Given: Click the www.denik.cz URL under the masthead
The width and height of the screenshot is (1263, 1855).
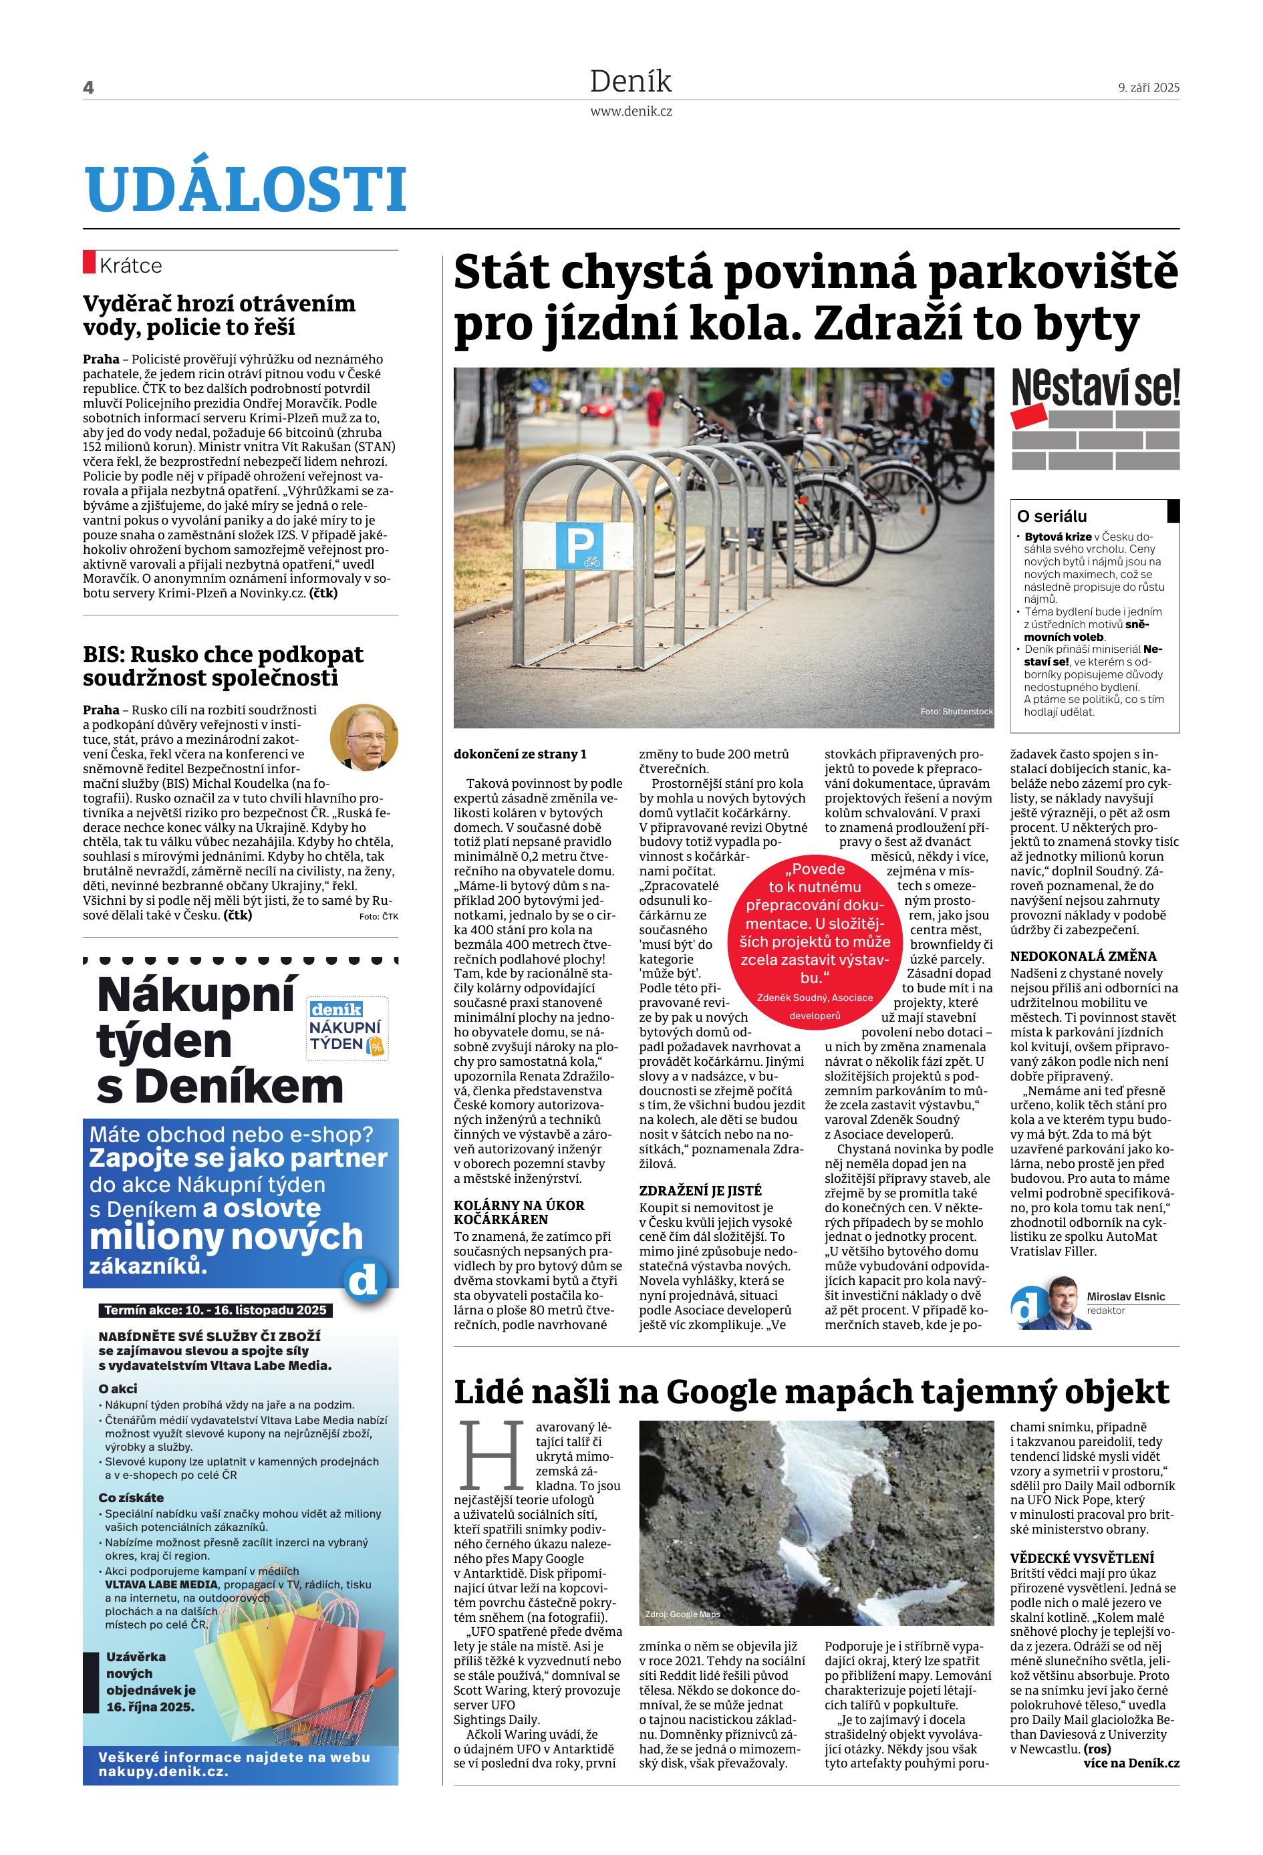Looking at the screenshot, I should (x=631, y=112).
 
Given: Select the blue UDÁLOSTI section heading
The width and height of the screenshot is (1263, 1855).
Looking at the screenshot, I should (x=246, y=190).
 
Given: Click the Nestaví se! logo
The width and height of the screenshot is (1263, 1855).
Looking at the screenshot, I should (x=1095, y=419).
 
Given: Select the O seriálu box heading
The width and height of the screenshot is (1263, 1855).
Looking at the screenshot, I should (x=1051, y=517).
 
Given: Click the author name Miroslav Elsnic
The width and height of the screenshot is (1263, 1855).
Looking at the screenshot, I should (x=1126, y=1297).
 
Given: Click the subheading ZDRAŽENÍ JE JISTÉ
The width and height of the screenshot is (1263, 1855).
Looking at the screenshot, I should (x=700, y=1190).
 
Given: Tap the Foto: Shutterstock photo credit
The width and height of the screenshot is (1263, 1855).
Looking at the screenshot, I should (x=956, y=711).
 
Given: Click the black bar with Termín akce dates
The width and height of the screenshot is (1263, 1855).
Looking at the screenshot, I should (x=215, y=1310).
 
